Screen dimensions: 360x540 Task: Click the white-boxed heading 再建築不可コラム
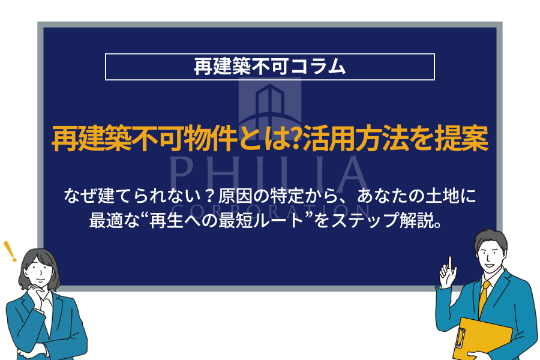click(x=269, y=67)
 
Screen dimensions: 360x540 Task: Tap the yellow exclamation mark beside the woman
click(x=10, y=250)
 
